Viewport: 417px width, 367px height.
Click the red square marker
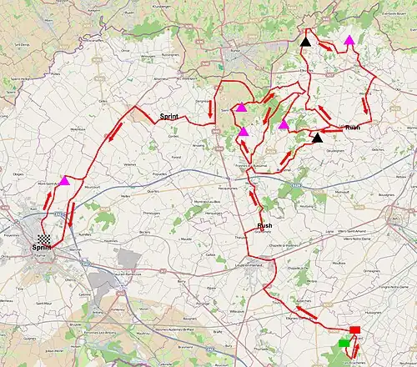(355, 330)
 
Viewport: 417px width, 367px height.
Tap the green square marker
(344, 342)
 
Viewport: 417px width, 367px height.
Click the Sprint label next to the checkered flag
(40, 248)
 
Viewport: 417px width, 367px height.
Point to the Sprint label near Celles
(170, 117)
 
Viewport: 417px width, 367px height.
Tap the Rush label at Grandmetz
(264, 226)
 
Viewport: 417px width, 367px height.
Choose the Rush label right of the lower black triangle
(353, 128)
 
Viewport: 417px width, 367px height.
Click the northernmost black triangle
(305, 41)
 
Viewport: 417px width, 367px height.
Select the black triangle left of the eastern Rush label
(317, 138)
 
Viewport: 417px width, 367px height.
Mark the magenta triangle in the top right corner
(349, 39)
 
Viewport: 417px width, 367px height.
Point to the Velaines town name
(130, 165)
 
